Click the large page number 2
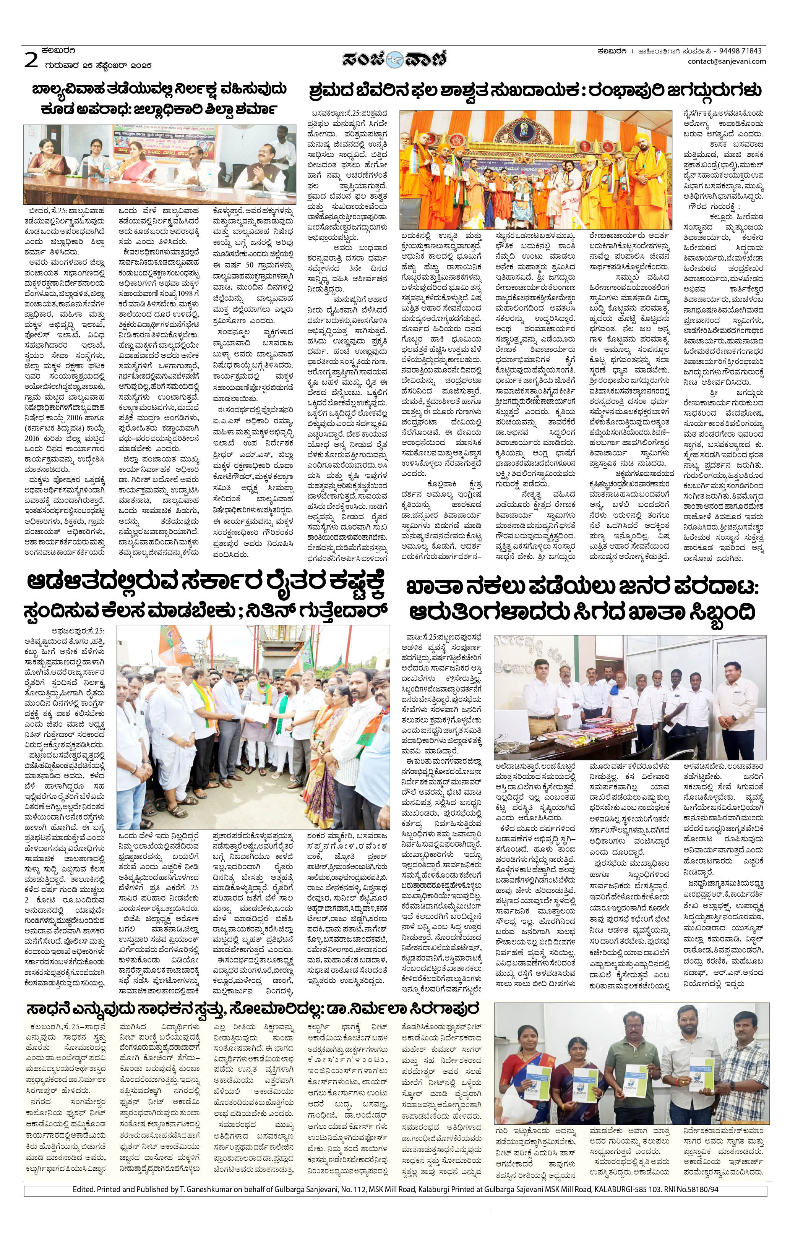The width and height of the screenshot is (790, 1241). coord(31,60)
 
